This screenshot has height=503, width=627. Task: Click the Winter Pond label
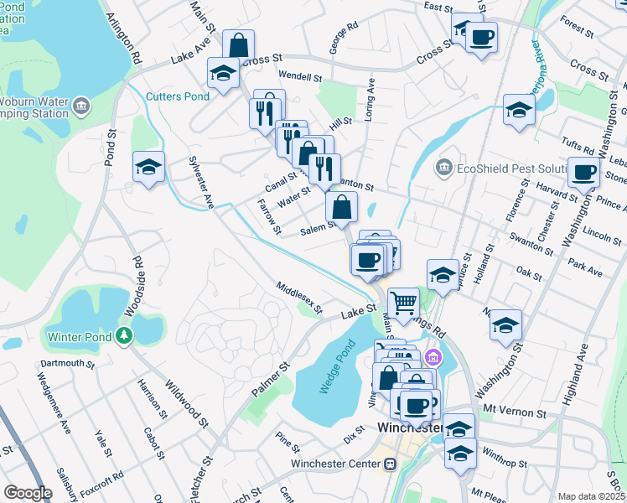tap(80, 337)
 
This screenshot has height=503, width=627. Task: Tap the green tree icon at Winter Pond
tap(125, 336)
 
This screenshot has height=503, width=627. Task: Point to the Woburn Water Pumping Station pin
tap(81, 106)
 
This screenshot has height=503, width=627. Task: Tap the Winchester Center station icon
tap(390, 464)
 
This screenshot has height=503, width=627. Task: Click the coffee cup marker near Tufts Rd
tap(583, 174)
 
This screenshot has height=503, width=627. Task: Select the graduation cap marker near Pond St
tap(148, 167)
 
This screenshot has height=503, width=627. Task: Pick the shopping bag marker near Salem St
tap(342, 206)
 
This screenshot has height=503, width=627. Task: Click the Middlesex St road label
tap(300, 298)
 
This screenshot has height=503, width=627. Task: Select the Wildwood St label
tap(186, 402)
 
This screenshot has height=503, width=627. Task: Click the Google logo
tap(27, 493)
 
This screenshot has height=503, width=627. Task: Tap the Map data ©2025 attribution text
tap(591, 496)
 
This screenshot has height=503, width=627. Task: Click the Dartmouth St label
tap(67, 364)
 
